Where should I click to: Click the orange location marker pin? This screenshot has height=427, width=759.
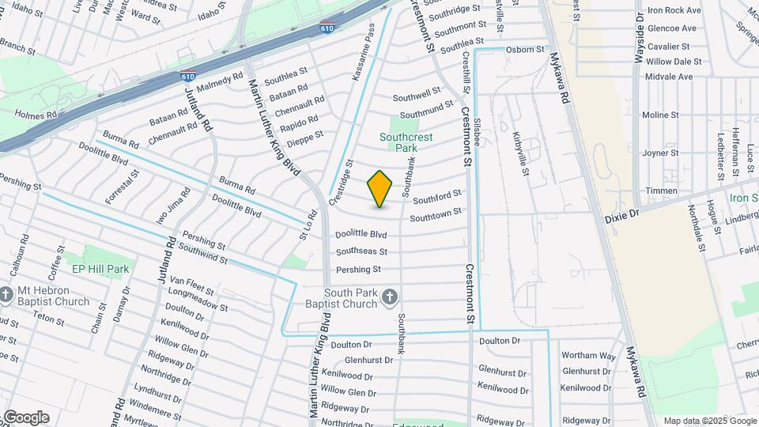[x=380, y=189]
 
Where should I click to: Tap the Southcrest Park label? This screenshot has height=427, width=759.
[x=409, y=142]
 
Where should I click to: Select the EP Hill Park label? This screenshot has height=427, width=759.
[x=100, y=269]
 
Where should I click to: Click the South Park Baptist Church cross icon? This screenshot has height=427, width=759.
[x=389, y=297]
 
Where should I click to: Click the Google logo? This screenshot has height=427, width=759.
[x=25, y=418]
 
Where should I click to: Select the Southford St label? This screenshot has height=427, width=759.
[x=436, y=196]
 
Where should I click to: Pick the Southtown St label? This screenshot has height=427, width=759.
[x=436, y=214]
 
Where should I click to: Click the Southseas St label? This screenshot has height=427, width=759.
[x=361, y=251]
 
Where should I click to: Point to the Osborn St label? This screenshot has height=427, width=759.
[x=525, y=49]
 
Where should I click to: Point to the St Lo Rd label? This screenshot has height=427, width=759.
[x=307, y=225]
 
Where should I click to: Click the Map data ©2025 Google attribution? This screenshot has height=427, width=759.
[x=708, y=421]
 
